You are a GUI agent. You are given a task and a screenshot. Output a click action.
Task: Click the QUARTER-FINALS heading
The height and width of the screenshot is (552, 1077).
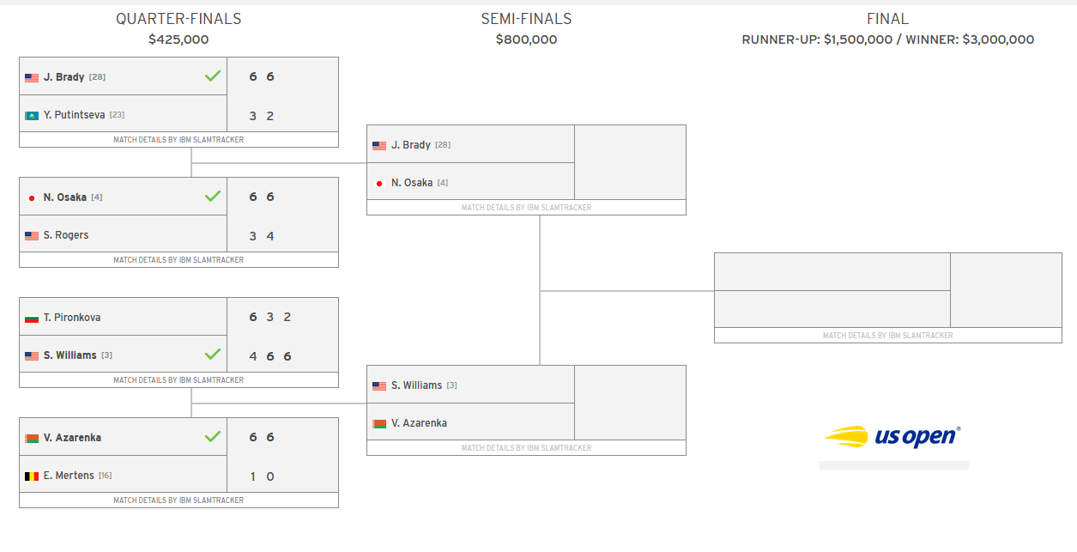(x=178, y=19)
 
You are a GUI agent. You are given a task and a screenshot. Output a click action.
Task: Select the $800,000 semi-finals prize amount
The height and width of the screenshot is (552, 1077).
(x=526, y=39)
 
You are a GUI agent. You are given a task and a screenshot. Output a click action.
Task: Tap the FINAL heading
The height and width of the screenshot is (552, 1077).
(x=887, y=19)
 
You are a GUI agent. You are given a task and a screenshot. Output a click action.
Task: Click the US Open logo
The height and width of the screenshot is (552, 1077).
(x=892, y=436)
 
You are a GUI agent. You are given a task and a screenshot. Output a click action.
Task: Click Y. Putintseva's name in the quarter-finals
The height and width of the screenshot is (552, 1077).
(x=74, y=115)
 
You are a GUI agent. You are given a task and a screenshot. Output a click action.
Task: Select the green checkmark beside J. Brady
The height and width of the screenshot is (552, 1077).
(x=213, y=76)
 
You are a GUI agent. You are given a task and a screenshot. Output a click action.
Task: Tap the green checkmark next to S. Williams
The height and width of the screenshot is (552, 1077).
(x=213, y=355)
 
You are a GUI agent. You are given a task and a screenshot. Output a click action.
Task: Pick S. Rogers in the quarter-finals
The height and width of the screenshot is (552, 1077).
(x=66, y=235)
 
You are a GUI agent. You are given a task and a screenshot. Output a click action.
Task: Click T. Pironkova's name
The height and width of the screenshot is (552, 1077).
(x=72, y=318)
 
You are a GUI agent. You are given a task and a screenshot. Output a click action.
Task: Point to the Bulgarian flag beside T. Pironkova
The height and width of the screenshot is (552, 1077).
(x=32, y=318)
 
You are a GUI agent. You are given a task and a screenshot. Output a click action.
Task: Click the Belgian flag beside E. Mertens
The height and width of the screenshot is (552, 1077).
(x=32, y=476)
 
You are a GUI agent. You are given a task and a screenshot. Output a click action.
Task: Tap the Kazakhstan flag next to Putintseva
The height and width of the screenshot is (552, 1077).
(x=32, y=115)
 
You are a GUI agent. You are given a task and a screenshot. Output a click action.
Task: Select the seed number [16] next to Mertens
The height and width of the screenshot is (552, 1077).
(x=106, y=476)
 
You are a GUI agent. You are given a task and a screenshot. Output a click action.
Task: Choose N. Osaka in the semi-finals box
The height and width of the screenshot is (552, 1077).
(x=412, y=183)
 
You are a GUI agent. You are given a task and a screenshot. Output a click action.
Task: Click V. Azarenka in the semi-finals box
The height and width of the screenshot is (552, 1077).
(x=419, y=423)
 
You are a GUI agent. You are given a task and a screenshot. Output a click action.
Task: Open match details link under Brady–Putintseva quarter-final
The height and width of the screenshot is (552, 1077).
(x=178, y=140)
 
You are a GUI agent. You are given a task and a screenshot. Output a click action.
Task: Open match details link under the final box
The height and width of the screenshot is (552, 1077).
(x=887, y=336)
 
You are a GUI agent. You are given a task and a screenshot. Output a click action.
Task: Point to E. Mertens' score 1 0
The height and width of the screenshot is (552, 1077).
(x=262, y=476)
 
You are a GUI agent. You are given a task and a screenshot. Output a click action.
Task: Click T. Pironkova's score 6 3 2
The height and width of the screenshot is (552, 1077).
(x=270, y=318)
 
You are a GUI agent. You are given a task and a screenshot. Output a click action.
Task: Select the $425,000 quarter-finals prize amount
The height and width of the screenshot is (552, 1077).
(x=178, y=39)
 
